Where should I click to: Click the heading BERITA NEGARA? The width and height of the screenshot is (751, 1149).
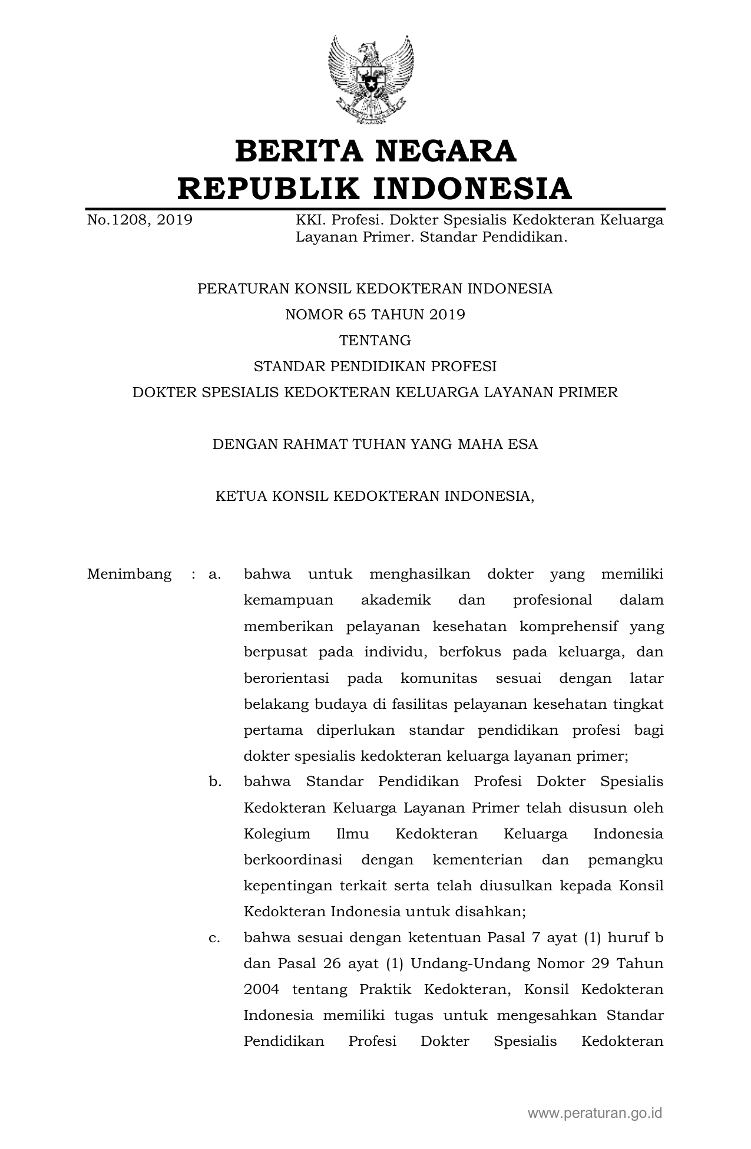(x=375, y=151)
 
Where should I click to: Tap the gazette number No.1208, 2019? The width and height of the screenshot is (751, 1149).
(x=140, y=220)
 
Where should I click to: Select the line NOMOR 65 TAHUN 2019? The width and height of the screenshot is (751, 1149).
(x=375, y=315)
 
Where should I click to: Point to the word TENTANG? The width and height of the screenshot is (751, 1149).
(x=375, y=341)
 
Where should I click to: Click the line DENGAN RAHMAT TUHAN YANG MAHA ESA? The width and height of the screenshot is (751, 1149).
(x=375, y=444)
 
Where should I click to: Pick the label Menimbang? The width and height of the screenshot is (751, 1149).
(x=130, y=574)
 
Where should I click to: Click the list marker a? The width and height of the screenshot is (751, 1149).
(x=214, y=574)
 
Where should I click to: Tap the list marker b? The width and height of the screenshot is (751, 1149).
(x=214, y=782)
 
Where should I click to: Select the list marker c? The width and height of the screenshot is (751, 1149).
(x=214, y=937)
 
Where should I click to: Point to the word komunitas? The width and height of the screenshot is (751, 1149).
(x=439, y=678)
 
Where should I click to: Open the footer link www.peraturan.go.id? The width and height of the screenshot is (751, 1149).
(x=595, y=1113)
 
